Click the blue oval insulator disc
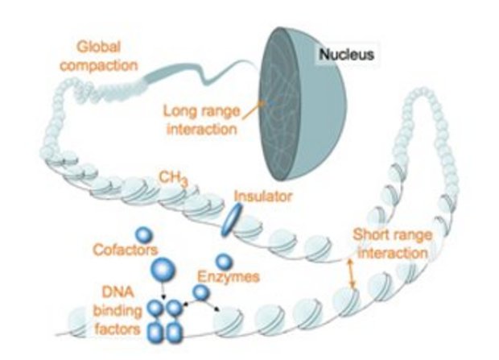point(233,219)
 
